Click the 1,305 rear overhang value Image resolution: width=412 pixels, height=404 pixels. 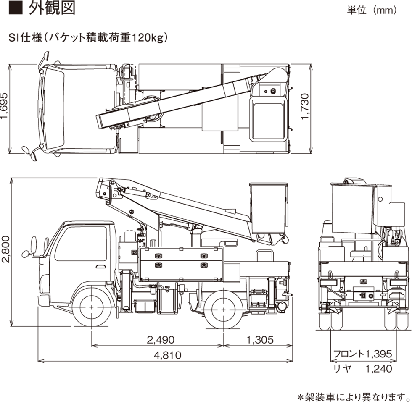(x=257, y=339)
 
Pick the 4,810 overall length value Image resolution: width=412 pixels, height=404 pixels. (x=167, y=355)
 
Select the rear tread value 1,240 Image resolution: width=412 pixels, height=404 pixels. (x=379, y=369)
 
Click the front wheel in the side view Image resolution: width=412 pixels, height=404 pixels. (x=92, y=307)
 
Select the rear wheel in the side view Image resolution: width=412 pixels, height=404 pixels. (x=223, y=307)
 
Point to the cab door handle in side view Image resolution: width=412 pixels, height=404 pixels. (x=100, y=266)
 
